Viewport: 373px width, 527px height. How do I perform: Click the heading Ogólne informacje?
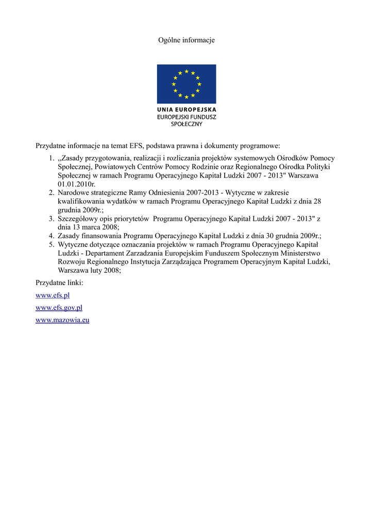186,40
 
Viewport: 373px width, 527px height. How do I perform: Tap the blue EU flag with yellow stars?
186,84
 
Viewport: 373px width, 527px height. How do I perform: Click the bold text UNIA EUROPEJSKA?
186,110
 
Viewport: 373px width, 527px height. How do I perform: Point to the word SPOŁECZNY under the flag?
186,124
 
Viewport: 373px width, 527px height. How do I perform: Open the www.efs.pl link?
53,295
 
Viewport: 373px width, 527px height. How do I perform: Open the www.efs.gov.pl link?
59,308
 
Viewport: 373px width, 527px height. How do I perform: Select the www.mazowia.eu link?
62,320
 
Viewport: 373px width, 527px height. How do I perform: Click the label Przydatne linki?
59,283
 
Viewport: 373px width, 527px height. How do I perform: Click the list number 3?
52,219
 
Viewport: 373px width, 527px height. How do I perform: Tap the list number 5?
52,244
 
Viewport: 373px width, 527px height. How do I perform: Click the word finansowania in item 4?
101,236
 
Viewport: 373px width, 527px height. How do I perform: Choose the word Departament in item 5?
105,253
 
